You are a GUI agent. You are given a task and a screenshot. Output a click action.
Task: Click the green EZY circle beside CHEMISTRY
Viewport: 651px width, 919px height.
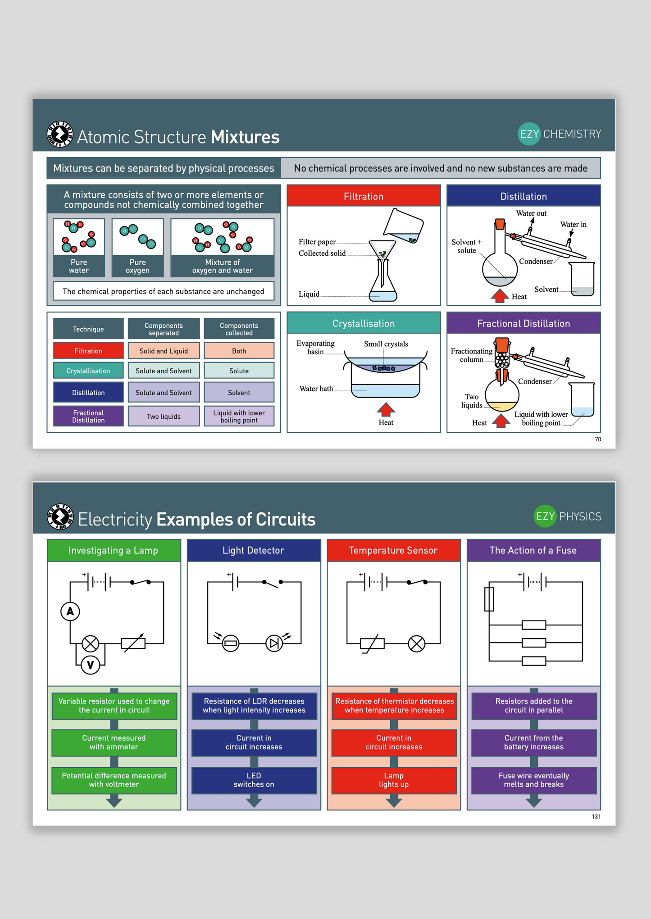click(529, 134)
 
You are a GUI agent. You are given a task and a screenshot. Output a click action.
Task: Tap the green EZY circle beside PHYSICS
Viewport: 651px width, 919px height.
click(545, 516)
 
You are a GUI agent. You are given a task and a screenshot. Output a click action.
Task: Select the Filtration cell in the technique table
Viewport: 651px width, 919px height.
click(88, 351)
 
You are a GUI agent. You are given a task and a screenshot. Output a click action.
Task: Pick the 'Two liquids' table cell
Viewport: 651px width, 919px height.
click(164, 416)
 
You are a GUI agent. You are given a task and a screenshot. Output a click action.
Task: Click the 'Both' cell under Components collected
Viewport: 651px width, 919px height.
click(239, 351)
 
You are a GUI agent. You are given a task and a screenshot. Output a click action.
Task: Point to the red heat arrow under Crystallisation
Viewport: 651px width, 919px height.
click(386, 409)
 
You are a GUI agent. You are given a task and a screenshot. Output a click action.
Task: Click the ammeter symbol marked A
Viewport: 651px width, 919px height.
click(70, 611)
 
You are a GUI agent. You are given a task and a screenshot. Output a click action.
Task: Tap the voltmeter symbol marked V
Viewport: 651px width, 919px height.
click(90, 665)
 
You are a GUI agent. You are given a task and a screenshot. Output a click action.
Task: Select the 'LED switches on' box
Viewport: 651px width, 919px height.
click(254, 780)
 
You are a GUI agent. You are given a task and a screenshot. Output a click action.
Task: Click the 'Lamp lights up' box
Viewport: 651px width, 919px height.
click(394, 780)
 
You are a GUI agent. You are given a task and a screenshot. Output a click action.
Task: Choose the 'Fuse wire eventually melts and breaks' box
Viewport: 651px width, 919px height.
click(533, 780)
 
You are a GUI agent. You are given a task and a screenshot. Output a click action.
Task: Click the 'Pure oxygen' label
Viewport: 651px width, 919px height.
click(137, 266)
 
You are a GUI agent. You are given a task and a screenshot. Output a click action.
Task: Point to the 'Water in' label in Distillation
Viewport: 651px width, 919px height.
click(573, 224)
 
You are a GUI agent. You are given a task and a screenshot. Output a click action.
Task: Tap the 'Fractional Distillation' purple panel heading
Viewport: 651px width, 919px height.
click(523, 323)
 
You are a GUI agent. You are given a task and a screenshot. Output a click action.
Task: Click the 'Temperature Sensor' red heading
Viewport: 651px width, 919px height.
click(393, 550)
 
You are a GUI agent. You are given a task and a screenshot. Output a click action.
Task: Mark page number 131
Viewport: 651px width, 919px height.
click(596, 816)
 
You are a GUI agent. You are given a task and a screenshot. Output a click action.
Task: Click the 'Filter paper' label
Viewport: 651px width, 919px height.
click(317, 242)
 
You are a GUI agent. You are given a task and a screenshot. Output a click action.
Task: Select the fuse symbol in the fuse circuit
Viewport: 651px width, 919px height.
click(489, 599)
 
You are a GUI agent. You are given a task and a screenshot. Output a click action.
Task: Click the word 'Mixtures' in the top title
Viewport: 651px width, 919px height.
click(245, 137)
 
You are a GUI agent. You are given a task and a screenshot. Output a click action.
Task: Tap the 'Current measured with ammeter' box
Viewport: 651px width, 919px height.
click(114, 742)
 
